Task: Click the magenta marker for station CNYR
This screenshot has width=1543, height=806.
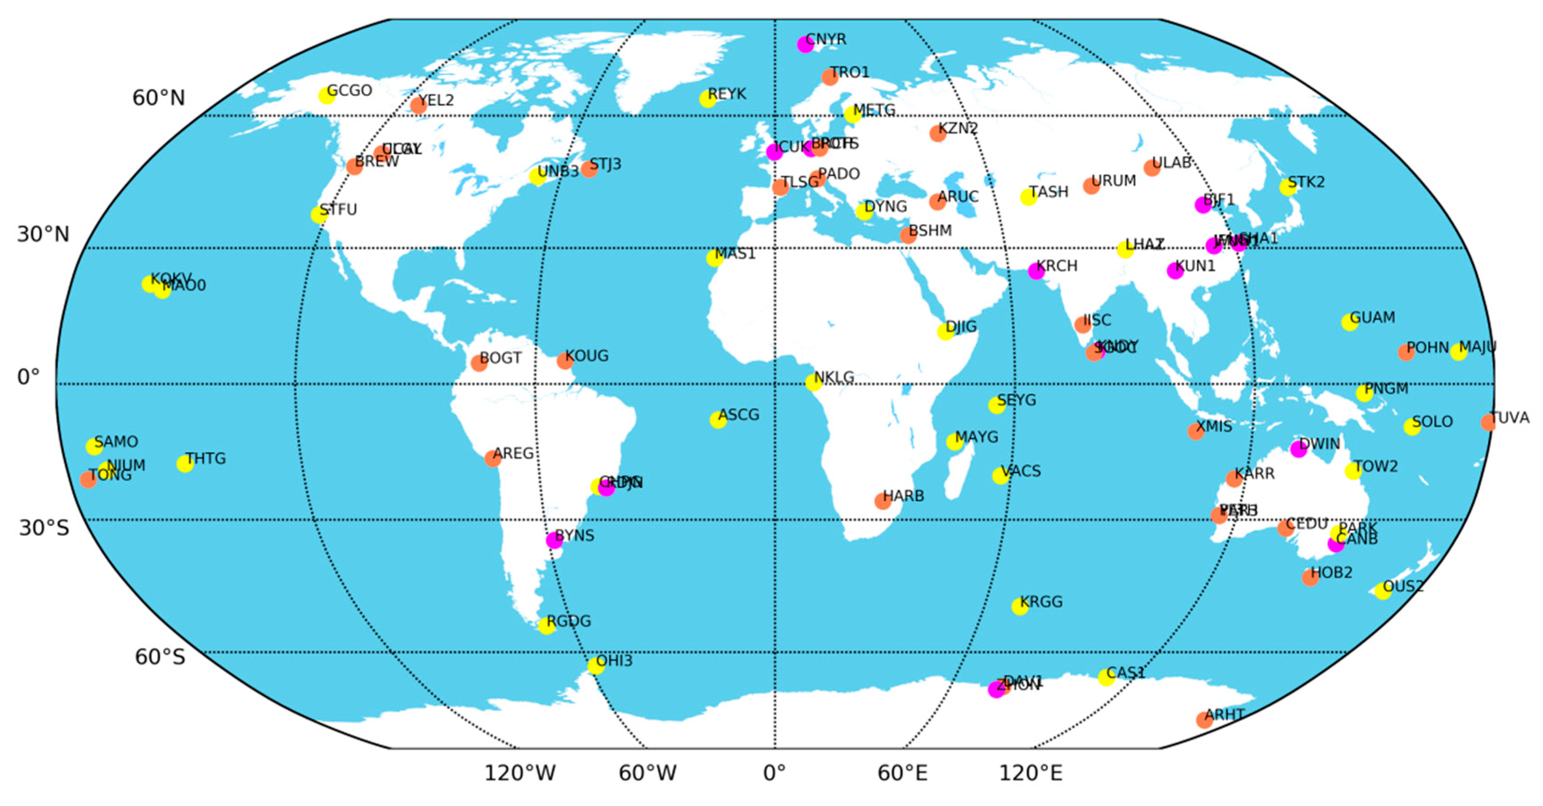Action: pos(805,44)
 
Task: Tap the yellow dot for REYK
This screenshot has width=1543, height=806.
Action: pos(707,99)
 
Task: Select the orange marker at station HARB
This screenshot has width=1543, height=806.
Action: pos(882,501)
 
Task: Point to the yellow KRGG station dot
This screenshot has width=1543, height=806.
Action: pos(1019,607)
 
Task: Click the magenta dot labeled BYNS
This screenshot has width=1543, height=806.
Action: pos(554,540)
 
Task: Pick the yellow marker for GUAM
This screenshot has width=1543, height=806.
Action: pos(1349,322)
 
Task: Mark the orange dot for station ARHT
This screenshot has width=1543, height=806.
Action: pos(1204,720)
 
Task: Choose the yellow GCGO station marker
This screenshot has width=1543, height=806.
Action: pos(327,95)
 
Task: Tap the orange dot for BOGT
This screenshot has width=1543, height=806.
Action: pos(479,363)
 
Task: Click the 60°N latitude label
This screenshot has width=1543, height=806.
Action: pos(159,98)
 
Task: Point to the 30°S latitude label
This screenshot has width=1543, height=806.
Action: pos(44,527)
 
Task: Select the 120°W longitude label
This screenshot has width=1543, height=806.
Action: pos(519,773)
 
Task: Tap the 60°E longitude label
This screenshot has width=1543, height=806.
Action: pos(902,773)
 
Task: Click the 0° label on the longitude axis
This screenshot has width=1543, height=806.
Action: pos(774,773)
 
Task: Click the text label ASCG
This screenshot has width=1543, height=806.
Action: pos(739,415)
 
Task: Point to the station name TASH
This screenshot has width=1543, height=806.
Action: pos(1049,192)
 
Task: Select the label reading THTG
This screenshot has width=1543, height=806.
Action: pos(206,458)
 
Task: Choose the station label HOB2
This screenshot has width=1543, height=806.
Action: pos(1332,572)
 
